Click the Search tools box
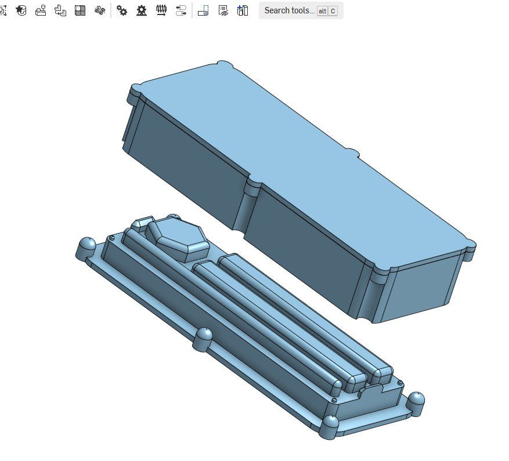(289, 10)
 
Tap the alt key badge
(322, 11)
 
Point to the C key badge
(333, 11)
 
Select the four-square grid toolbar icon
(80, 10)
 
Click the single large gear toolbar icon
(142, 10)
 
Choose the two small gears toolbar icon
(122, 10)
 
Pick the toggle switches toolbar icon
(181, 10)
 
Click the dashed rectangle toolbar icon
(203, 10)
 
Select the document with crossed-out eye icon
(223, 10)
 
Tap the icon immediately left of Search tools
(243, 10)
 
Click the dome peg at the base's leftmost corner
(86, 246)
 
